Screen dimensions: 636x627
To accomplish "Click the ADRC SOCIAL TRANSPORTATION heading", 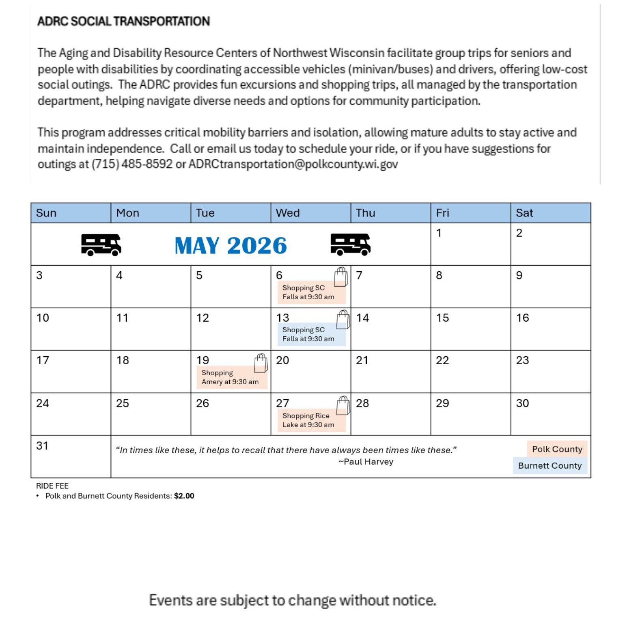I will pos(123,21).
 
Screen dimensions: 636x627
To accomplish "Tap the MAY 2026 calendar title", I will pos(231,246).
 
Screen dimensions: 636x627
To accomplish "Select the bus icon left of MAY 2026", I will pos(101,244).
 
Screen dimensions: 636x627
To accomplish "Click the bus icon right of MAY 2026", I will pos(350,244).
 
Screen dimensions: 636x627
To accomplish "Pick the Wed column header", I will pos(288,213).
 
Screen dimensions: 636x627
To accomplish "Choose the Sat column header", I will pos(524,213).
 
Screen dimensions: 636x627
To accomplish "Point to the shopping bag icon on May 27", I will pos(343,405).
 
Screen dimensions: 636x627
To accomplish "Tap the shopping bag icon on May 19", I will pos(261,363).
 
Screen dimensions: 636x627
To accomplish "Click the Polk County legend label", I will pos(557,449).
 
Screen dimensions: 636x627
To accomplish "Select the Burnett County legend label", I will pos(549,465).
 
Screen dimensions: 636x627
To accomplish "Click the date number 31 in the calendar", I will pos(42,446).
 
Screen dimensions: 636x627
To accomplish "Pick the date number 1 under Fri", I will pos(439,233).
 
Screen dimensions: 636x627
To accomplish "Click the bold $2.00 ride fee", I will pos(184,496).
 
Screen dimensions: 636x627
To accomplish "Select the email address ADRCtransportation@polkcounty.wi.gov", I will pos(293,164).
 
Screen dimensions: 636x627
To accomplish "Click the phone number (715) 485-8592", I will pos(132,164).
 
